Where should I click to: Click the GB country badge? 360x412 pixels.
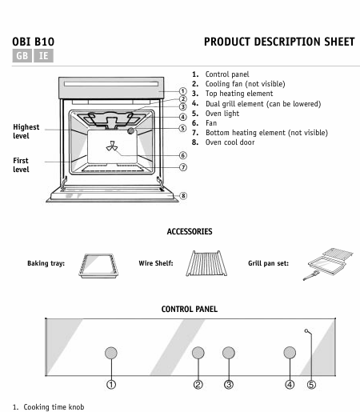click(x=22, y=55)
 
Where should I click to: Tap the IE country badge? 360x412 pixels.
click(x=43, y=55)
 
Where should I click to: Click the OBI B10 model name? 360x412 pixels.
click(x=34, y=42)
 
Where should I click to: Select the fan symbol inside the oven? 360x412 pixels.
click(x=111, y=146)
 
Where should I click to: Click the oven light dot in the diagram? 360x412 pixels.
click(x=130, y=130)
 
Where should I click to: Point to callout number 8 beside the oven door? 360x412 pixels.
click(x=183, y=196)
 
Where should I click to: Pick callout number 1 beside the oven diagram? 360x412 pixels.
click(x=182, y=91)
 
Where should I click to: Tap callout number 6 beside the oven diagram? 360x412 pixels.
click(x=182, y=155)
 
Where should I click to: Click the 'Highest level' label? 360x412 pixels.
click(x=26, y=131)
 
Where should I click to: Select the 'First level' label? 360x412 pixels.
click(x=21, y=165)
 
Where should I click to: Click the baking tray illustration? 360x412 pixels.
click(x=98, y=266)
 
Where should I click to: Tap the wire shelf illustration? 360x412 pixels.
click(x=206, y=263)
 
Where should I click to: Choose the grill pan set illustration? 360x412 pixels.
click(x=328, y=264)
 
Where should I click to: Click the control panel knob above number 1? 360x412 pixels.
click(x=111, y=353)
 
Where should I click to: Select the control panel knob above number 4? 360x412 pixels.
click(x=290, y=353)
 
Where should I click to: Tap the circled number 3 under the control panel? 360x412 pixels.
click(x=229, y=385)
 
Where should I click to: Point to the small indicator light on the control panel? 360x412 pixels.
click(x=306, y=331)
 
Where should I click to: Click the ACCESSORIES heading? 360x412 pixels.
click(x=190, y=231)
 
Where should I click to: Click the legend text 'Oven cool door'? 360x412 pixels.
click(x=230, y=142)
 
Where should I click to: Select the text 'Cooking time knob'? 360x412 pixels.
click(x=54, y=407)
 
